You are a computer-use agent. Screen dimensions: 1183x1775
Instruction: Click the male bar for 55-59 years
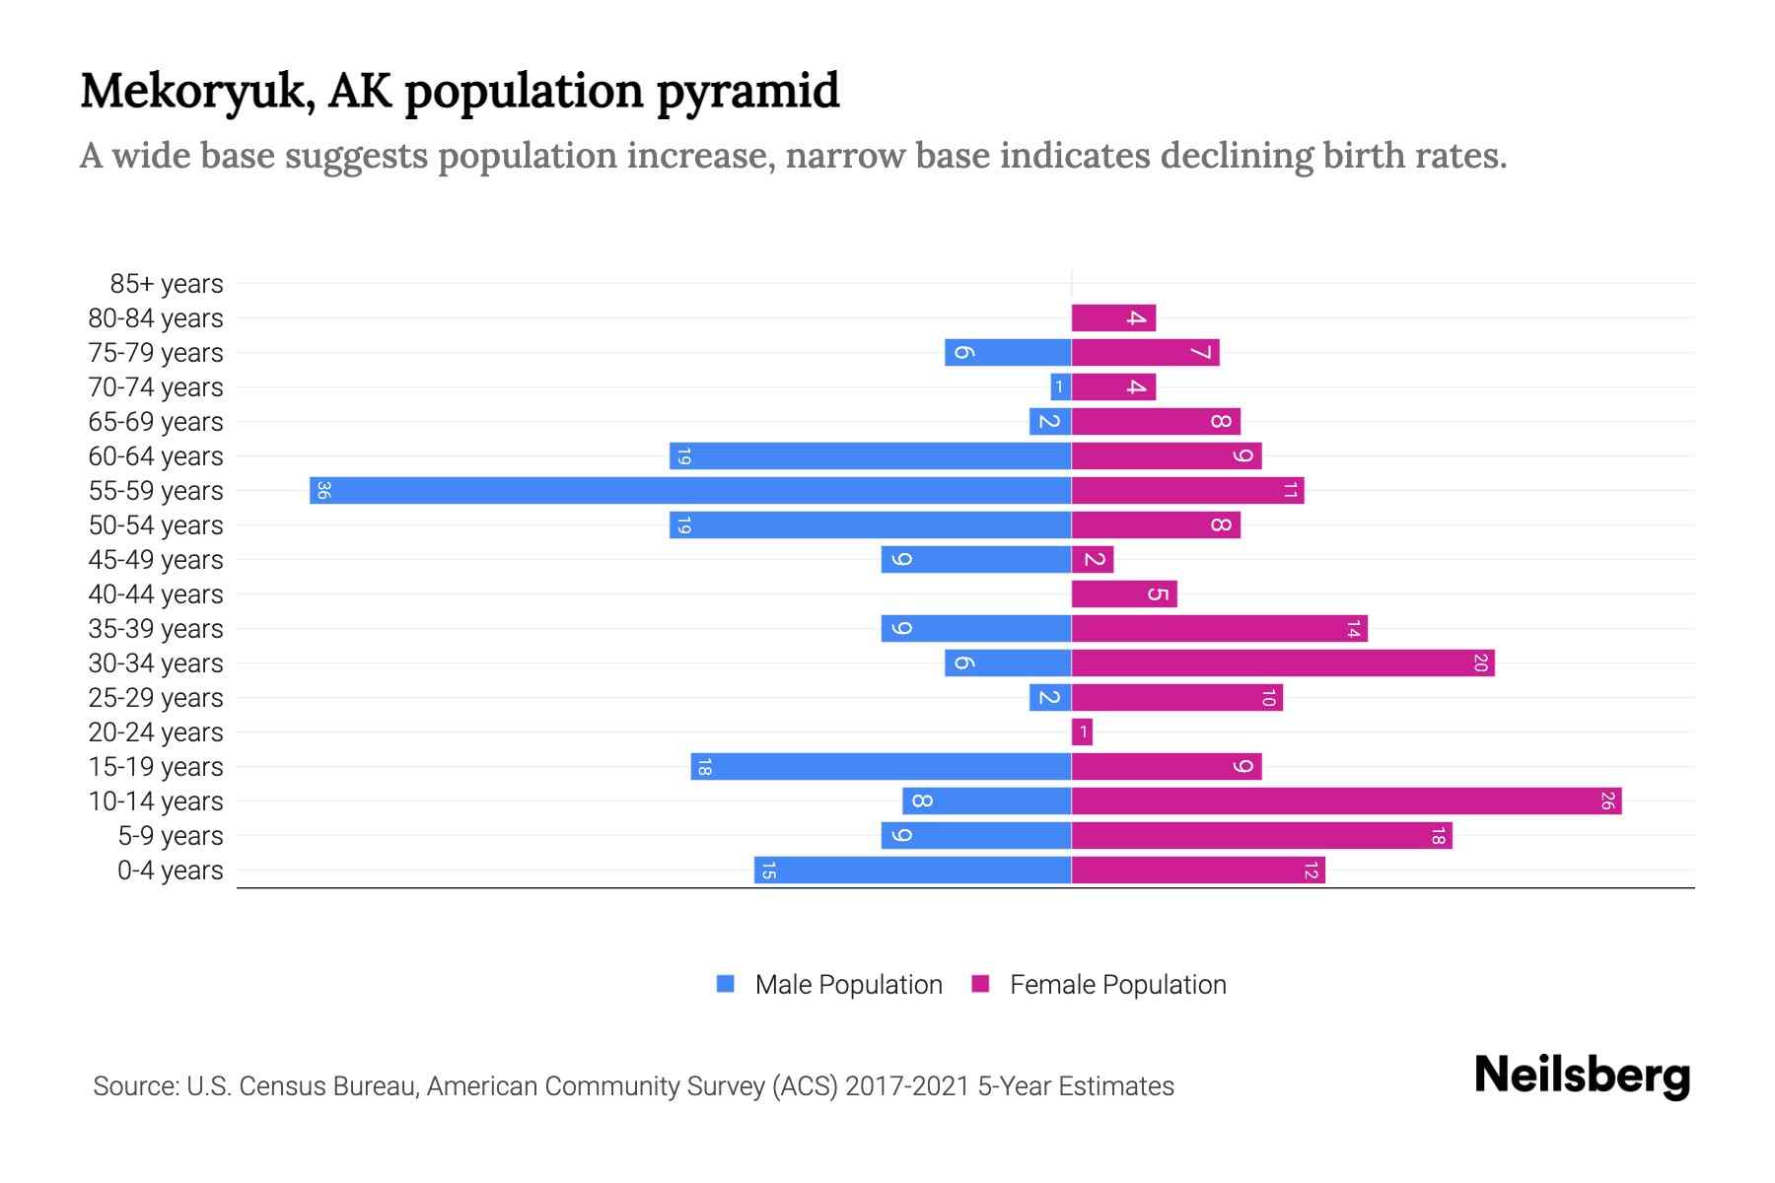click(690, 490)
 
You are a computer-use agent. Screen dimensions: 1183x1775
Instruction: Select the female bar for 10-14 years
click(1346, 800)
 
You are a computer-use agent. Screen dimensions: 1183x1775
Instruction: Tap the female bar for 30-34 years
click(1282, 662)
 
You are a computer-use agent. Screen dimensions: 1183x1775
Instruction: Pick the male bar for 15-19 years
click(881, 766)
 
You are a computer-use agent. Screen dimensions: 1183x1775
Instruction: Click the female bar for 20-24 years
click(1082, 731)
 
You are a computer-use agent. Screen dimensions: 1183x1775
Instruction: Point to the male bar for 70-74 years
click(1060, 386)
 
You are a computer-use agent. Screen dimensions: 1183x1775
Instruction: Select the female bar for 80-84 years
click(1113, 317)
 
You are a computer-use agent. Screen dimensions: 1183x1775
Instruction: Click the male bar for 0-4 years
click(912, 870)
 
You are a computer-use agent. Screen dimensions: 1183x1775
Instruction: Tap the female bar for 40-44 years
click(1124, 593)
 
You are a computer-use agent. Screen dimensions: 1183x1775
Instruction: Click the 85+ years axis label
click(166, 284)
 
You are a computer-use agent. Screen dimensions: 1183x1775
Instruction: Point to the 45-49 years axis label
click(156, 560)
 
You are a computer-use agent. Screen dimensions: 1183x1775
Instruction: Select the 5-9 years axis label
click(170, 836)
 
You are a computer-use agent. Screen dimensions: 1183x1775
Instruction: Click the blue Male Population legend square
click(726, 984)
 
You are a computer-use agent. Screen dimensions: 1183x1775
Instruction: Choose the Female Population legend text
click(1117, 984)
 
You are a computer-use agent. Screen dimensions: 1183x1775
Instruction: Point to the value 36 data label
click(322, 490)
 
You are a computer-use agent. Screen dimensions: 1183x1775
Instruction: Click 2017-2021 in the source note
click(907, 1086)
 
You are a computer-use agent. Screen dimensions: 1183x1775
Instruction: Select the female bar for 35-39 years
click(1219, 628)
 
